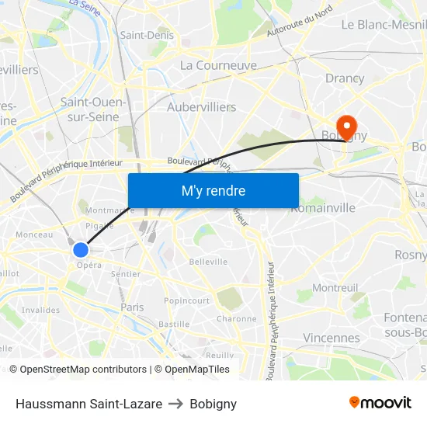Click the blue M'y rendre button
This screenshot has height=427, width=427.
213,191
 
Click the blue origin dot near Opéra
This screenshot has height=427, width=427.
81,250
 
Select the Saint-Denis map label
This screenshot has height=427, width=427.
147,35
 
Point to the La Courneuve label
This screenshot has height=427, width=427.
218,66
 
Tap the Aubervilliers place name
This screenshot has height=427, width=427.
202,107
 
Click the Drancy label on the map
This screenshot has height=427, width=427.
345,78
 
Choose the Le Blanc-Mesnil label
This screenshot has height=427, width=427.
384,24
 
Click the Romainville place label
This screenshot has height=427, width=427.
323,208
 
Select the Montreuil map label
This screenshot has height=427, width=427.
335,288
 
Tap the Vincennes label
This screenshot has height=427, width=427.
332,338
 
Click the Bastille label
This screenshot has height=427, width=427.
173,324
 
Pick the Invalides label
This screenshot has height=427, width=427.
40,311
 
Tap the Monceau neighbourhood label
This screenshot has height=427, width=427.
34,234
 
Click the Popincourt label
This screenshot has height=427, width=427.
187,300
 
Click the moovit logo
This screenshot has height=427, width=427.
380,403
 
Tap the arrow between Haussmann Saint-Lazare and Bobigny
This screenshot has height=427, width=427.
176,404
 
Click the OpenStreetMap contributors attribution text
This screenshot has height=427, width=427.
83,370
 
